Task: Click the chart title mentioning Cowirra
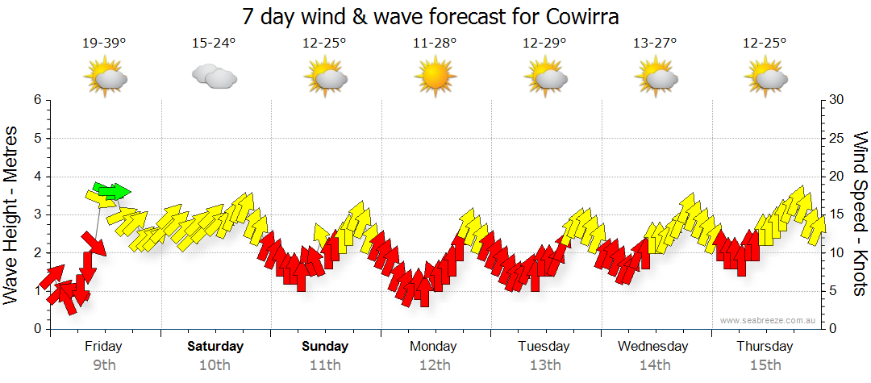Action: pyautogui.click(x=435, y=16)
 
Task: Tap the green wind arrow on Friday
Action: pyautogui.click(x=111, y=191)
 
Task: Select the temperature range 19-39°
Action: pyautogui.click(x=104, y=44)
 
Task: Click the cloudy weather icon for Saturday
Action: pyautogui.click(x=214, y=77)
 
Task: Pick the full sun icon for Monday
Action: pyautogui.click(x=435, y=77)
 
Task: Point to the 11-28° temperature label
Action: pyautogui.click(x=435, y=44)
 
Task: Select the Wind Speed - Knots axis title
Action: pyautogui.click(x=859, y=214)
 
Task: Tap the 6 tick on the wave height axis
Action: pyautogui.click(x=37, y=100)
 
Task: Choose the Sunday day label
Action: pyautogui.click(x=326, y=347)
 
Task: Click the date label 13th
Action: pyautogui.click(x=545, y=365)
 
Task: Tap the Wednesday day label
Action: pyautogui.click(x=653, y=347)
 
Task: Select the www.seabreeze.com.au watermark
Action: pyautogui.click(x=769, y=320)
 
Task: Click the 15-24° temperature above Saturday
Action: pyautogui.click(x=215, y=44)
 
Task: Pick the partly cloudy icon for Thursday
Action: pyautogui.click(x=765, y=77)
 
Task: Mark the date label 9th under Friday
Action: pyautogui.click(x=104, y=365)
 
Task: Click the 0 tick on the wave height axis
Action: pyautogui.click(x=37, y=329)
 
